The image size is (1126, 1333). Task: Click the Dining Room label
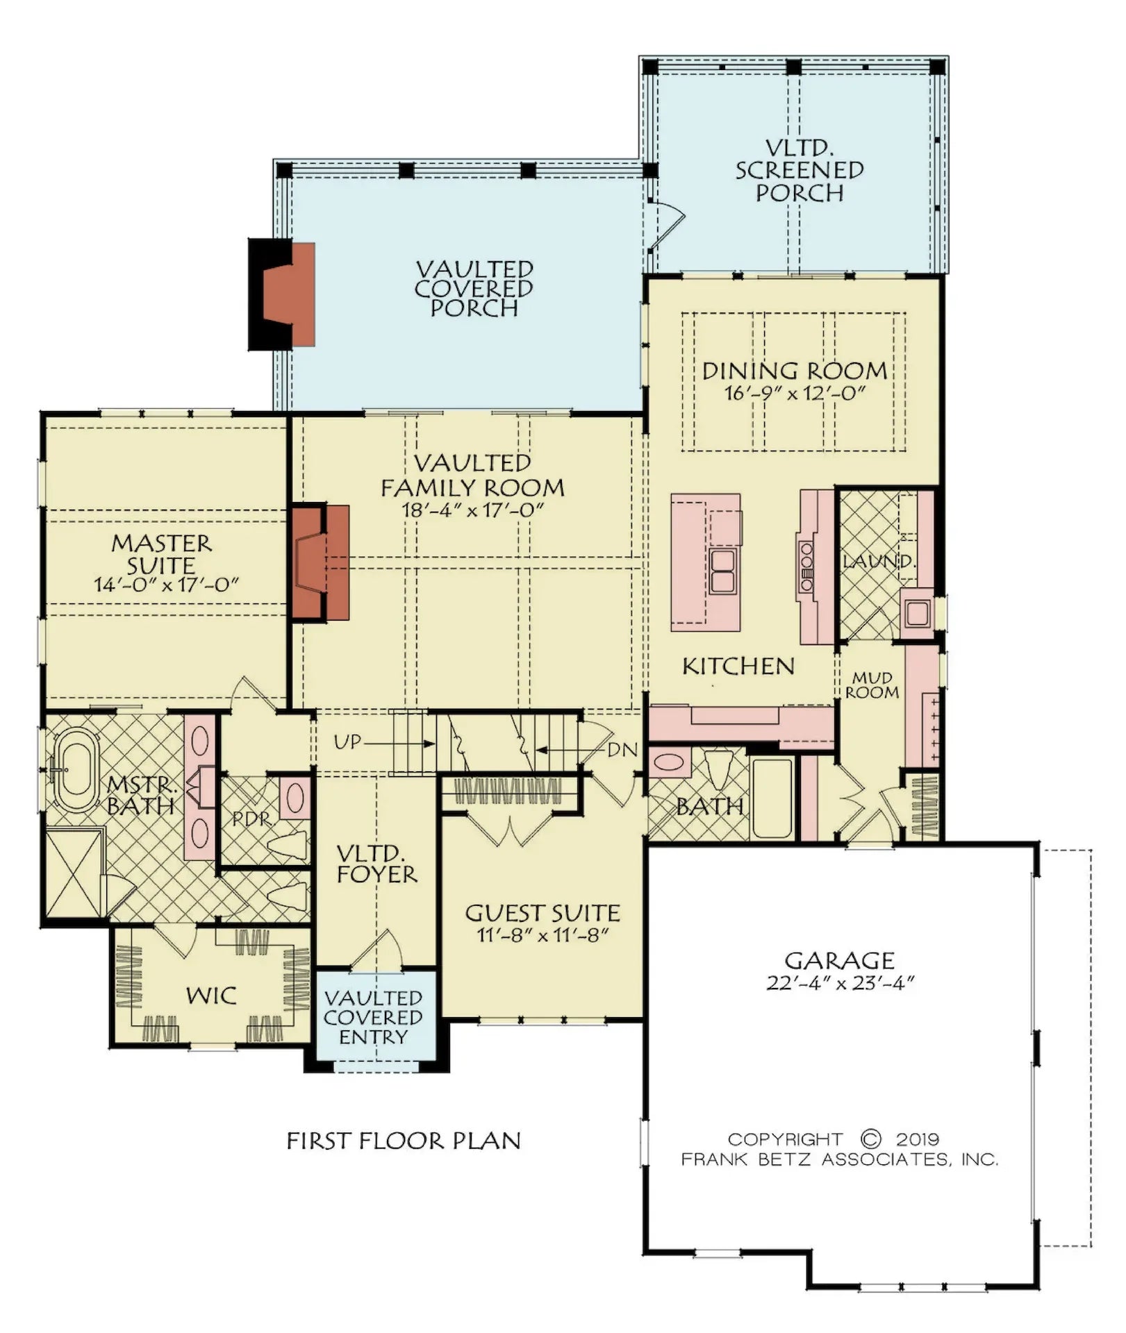[795, 371]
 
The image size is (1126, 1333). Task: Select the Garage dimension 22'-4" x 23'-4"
[840, 984]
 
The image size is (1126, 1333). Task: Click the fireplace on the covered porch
[282, 294]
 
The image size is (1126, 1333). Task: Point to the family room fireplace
[320, 562]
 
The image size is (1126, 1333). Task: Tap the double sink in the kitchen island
[723, 570]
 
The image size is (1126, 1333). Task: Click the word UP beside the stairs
[347, 742]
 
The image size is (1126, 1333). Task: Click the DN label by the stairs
[622, 750]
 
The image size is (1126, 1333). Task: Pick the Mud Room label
[872, 685]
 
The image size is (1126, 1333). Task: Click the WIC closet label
[211, 996]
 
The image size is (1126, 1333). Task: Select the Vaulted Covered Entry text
[374, 1018]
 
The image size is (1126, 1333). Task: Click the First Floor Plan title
[404, 1141]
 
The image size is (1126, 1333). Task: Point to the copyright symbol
[870, 1139]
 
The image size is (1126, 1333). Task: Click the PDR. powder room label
[251, 819]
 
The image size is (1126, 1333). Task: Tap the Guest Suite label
[543, 913]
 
